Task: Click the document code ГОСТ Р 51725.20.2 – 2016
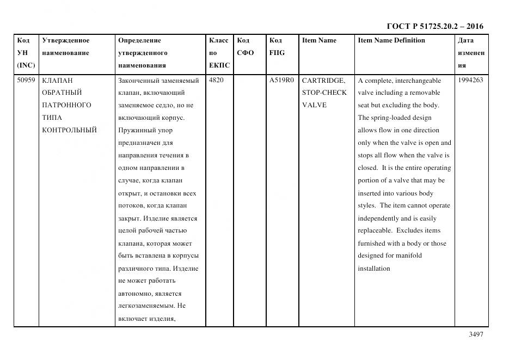(x=434, y=26)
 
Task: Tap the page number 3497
(x=475, y=334)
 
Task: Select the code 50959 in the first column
(x=26, y=80)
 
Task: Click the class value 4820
(x=216, y=80)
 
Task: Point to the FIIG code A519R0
(x=281, y=80)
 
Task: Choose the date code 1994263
(x=470, y=80)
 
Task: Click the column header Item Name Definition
(x=391, y=40)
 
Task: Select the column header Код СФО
(x=245, y=47)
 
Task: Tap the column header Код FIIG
(x=277, y=47)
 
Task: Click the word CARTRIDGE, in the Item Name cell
(x=323, y=80)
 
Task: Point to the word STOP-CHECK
(x=324, y=93)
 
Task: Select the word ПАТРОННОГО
(x=66, y=105)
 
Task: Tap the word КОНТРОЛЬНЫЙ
(x=69, y=130)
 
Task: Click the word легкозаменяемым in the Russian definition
(x=146, y=306)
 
